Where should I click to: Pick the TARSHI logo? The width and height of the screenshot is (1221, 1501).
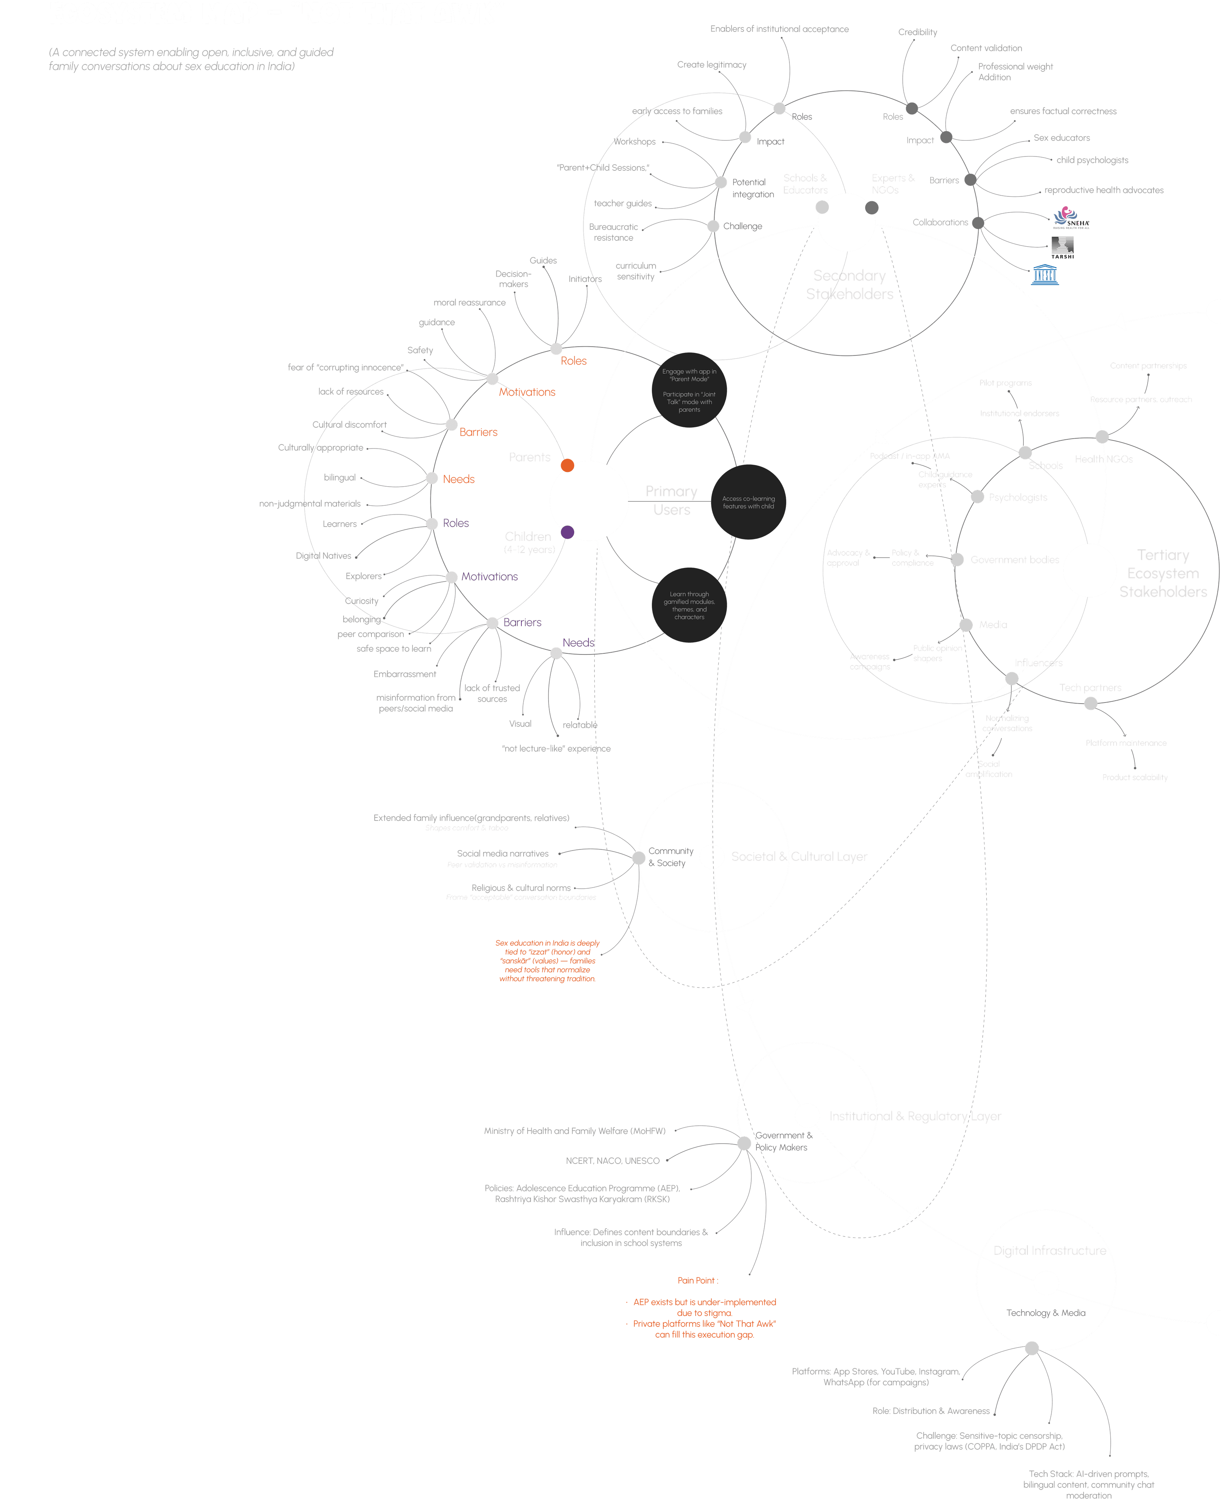point(1062,247)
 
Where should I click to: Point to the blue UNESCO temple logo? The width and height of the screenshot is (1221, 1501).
point(1045,274)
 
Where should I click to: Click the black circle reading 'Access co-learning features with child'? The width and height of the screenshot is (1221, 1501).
point(748,502)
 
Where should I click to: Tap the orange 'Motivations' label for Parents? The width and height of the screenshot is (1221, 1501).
point(527,392)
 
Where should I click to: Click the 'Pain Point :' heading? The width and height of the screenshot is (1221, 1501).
point(698,1280)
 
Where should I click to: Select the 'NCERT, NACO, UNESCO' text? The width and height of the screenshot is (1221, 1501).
point(612,1161)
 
